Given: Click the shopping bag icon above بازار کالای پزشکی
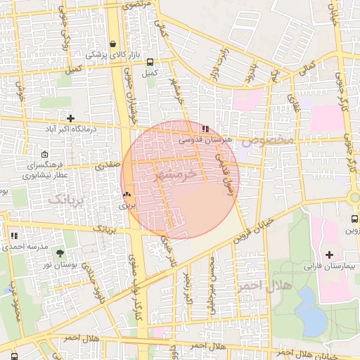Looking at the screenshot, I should (112, 44).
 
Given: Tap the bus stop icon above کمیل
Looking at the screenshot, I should (150, 61).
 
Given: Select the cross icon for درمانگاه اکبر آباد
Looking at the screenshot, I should (70, 117).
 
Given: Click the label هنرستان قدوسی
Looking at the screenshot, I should (205, 140).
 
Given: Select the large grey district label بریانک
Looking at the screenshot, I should (67, 200).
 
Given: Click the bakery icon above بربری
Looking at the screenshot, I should (127, 195).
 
